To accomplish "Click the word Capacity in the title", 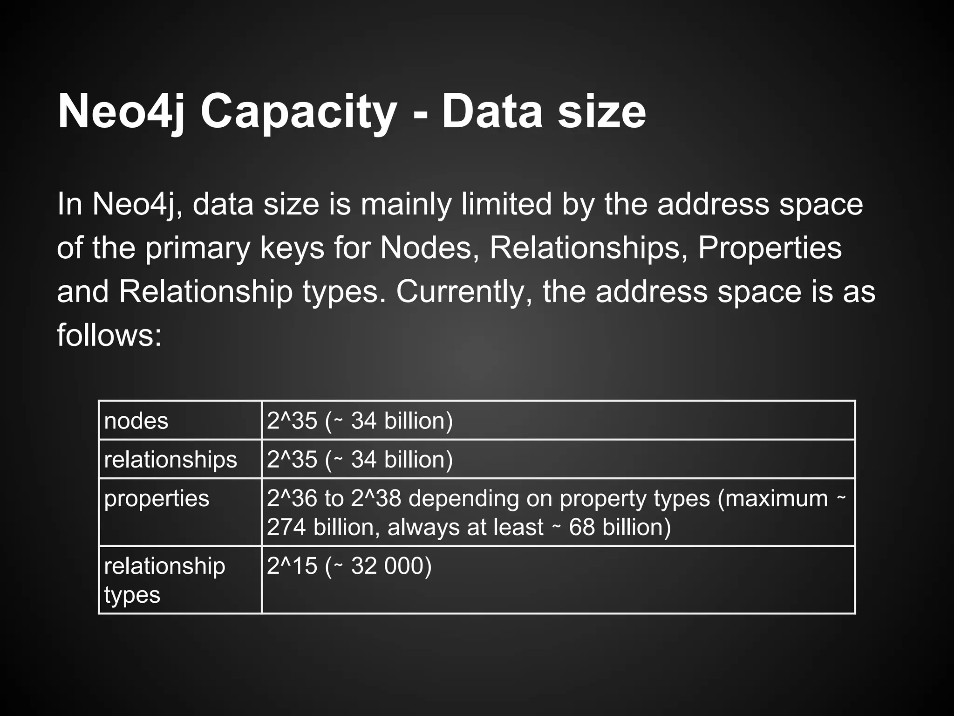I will tap(298, 113).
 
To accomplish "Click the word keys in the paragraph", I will tap(292, 248).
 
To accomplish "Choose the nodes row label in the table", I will tap(136, 421).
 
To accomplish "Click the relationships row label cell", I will tap(170, 460).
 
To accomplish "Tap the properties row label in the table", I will tap(157, 498).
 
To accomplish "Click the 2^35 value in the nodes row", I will tap(292, 421).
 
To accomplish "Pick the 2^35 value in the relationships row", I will tap(292, 460).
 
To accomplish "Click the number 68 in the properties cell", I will tap(582, 528).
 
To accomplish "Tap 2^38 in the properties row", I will tap(375, 498).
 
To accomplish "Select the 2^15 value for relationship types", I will tap(292, 566).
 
